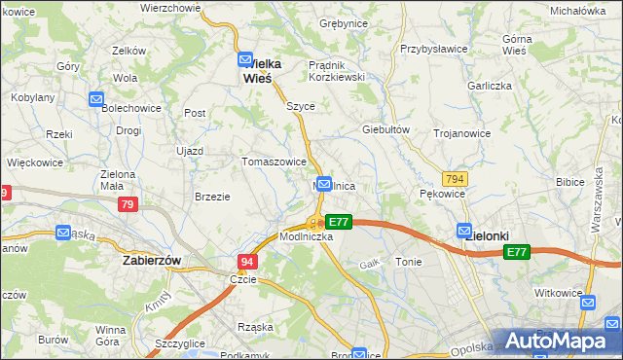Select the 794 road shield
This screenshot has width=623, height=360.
(454, 180)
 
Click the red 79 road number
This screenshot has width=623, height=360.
(128, 205)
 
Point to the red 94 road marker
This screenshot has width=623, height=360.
(247, 262)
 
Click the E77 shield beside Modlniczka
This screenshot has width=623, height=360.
(337, 222)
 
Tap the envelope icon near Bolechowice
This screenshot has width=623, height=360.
(96, 99)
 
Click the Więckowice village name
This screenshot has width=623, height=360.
(35, 162)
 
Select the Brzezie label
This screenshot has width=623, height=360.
(212, 197)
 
